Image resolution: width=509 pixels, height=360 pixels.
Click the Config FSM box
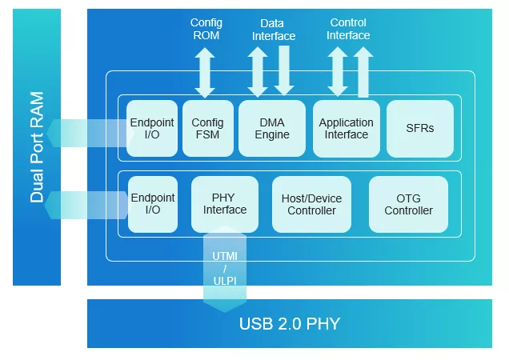coord(208,128)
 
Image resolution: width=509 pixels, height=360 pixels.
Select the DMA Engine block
coord(272,128)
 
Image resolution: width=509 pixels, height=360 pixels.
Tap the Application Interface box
coord(346,128)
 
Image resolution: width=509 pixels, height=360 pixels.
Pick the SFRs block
coord(420,128)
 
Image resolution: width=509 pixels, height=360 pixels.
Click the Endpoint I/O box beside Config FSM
coord(152,128)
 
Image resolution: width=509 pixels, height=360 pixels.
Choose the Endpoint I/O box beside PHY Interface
coord(152,204)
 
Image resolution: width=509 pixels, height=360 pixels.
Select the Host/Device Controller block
coord(311,204)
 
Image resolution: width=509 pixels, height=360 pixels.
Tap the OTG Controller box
coord(408,204)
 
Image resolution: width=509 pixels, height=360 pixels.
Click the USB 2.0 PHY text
coord(290,324)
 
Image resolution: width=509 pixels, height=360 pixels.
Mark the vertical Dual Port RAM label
coord(37,147)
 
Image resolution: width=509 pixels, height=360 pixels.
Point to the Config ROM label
coord(206,29)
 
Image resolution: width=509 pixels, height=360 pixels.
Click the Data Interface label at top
coord(274,30)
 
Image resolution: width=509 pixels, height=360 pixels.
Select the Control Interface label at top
coord(348,29)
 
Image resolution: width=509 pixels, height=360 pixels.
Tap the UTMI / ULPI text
coord(225,268)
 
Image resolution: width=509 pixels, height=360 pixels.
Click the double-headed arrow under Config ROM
coord(206,71)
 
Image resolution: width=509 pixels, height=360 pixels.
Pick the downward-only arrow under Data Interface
coord(284,71)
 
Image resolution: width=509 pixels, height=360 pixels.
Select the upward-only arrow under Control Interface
coord(363,71)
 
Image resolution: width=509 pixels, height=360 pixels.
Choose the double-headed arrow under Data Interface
coord(258,71)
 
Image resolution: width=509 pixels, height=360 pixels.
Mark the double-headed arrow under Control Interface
coord(337,71)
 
